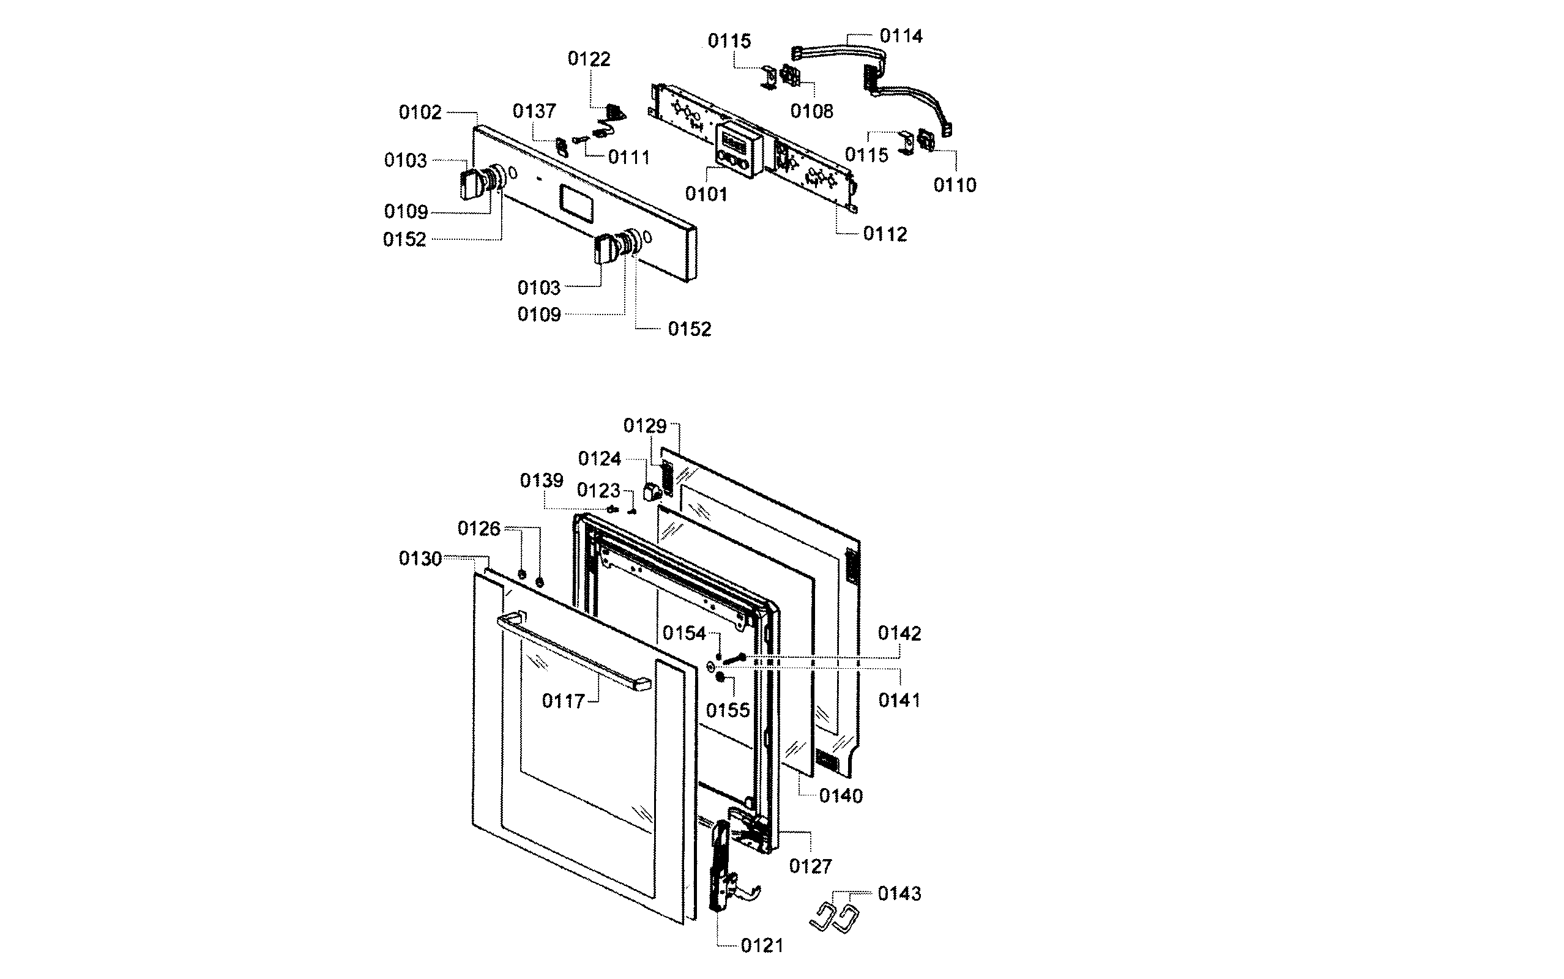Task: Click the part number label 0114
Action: tap(901, 36)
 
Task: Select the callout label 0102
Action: tap(420, 113)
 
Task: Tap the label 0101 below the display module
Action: tap(706, 194)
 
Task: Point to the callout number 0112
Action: tap(885, 234)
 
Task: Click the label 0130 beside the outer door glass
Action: tap(420, 559)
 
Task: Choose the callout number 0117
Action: tap(563, 701)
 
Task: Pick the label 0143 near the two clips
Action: tap(899, 894)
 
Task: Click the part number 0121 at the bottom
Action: tap(762, 946)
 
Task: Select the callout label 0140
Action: tap(841, 797)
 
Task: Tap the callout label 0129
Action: tap(645, 426)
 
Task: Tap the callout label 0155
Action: tap(728, 711)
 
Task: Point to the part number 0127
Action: tap(810, 866)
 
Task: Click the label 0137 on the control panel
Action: tap(534, 111)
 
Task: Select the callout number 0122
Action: tap(589, 59)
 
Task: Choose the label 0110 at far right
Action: tap(954, 186)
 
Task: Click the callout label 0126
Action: tap(479, 529)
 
